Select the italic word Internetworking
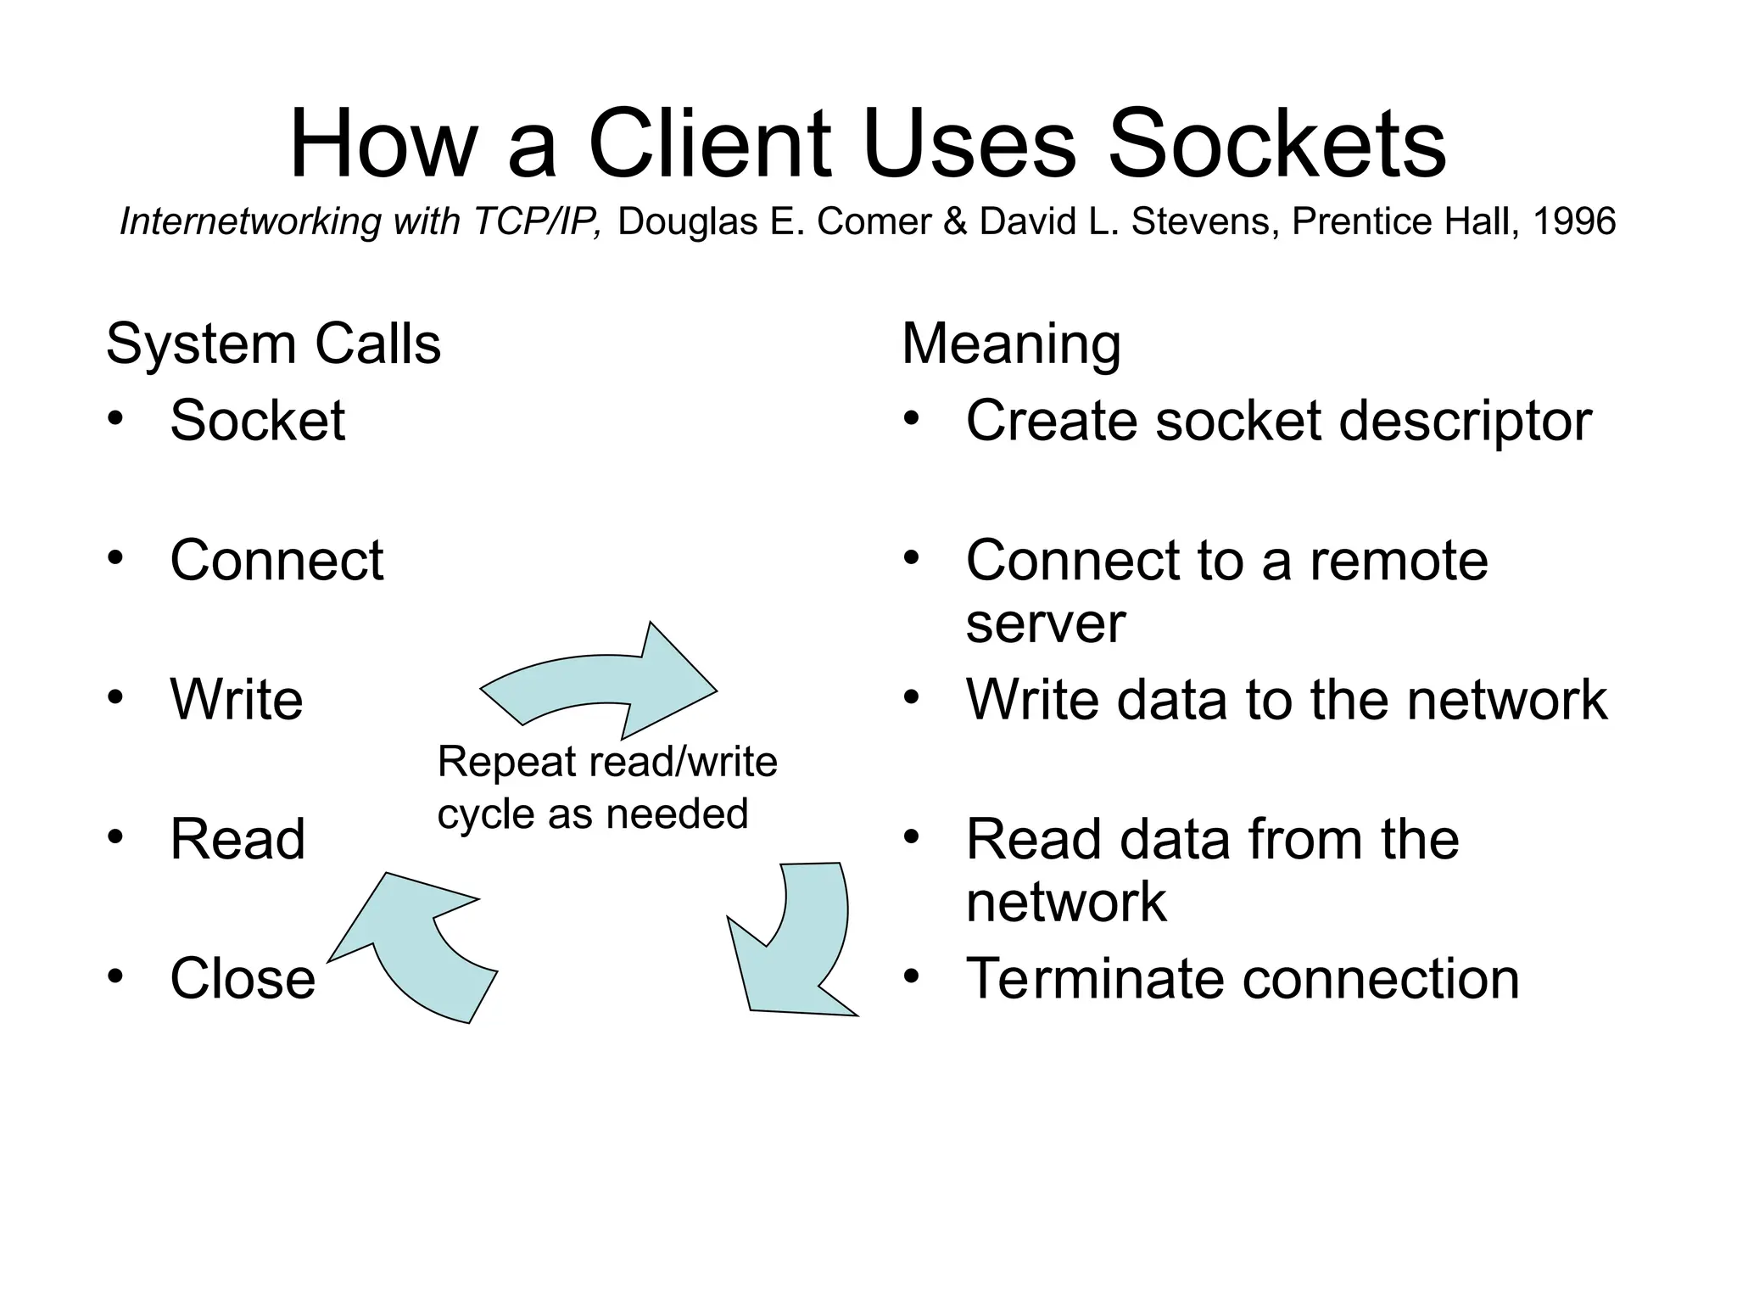pyautogui.click(x=251, y=222)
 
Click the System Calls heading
pyautogui.click(x=273, y=344)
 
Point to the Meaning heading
pyautogui.click(x=1011, y=344)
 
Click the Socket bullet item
pyautogui.click(x=257, y=421)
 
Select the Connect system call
pyautogui.click(x=276, y=561)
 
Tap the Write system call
pyautogui.click(x=236, y=700)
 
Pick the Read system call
pyautogui.click(x=237, y=840)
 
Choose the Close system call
pyautogui.click(x=243, y=979)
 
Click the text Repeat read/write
pyautogui.click(x=607, y=762)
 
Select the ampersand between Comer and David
pyautogui.click(x=954, y=222)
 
